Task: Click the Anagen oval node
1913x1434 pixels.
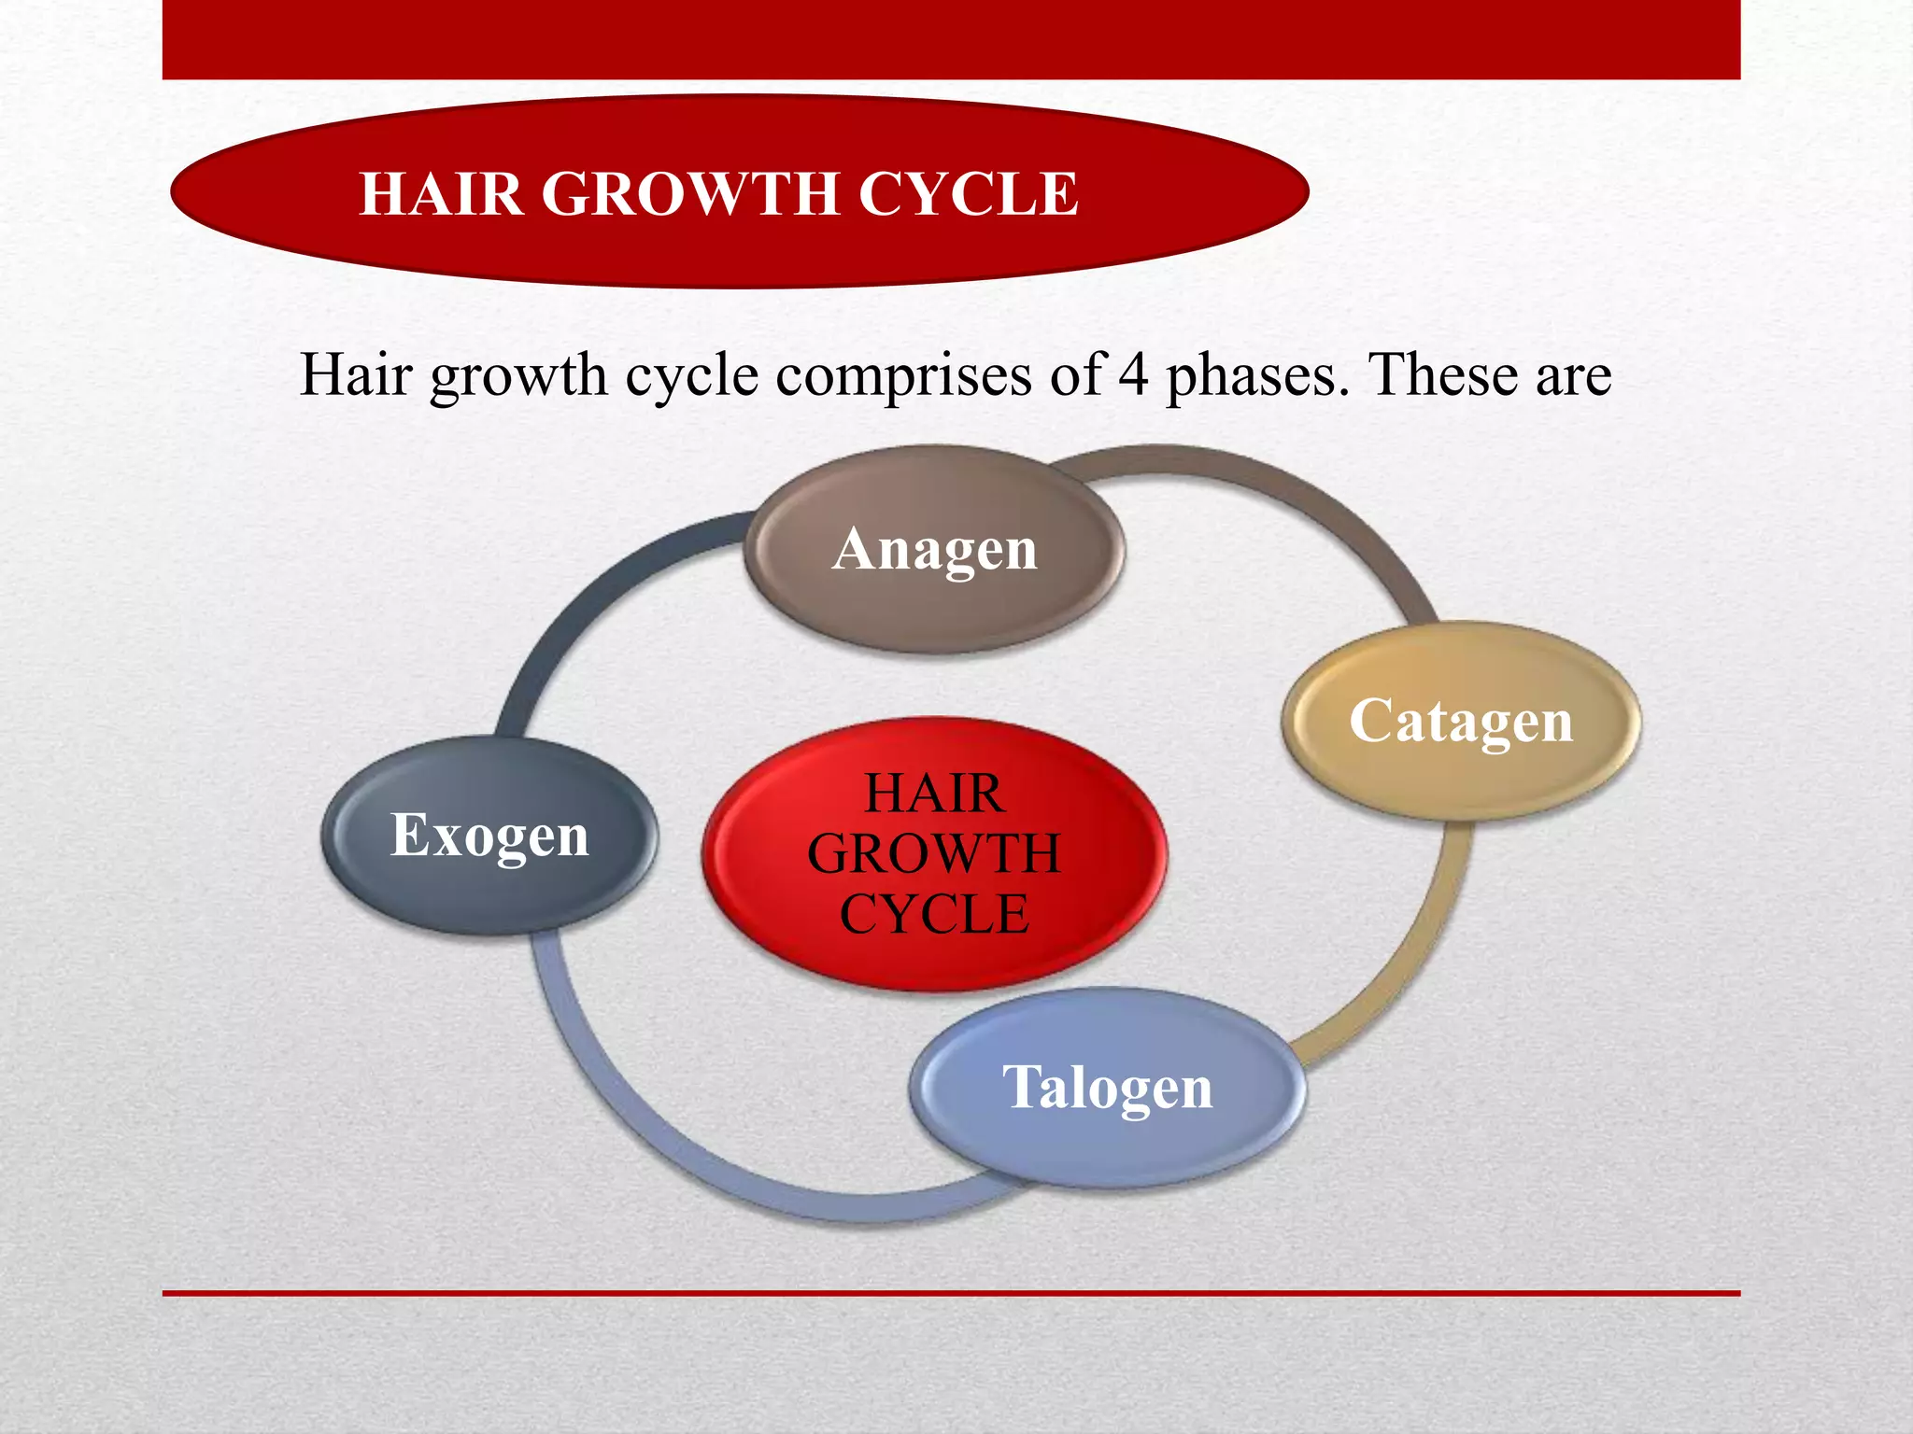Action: [934, 549]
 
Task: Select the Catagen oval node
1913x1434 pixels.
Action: [1461, 721]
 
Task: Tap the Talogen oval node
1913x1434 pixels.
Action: [1107, 1088]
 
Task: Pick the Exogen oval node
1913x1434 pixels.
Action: [489, 835]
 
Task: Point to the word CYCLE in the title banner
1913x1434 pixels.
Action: [968, 194]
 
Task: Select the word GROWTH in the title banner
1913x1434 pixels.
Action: [690, 194]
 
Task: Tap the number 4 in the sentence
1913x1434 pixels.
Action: [1133, 375]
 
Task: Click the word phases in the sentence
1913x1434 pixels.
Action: [1257, 375]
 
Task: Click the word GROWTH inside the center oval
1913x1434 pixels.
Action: [934, 853]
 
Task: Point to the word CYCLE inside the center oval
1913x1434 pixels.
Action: [934, 913]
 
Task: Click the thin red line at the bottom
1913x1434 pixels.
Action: [951, 1293]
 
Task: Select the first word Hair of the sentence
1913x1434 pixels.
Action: [356, 375]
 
